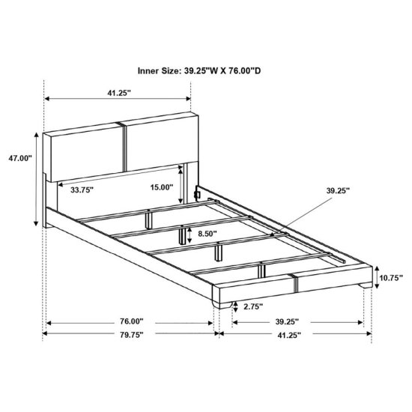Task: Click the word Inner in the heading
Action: [x=148, y=70]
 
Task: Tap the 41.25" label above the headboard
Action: [x=119, y=93]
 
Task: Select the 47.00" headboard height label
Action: [x=20, y=158]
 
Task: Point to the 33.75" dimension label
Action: [x=82, y=190]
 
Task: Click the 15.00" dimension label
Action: [x=162, y=187]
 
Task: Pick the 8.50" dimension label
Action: [x=207, y=234]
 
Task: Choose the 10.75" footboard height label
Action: [x=391, y=277]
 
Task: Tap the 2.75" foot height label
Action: [x=252, y=306]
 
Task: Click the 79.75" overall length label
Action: [x=132, y=335]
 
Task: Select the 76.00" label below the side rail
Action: [x=132, y=321]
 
